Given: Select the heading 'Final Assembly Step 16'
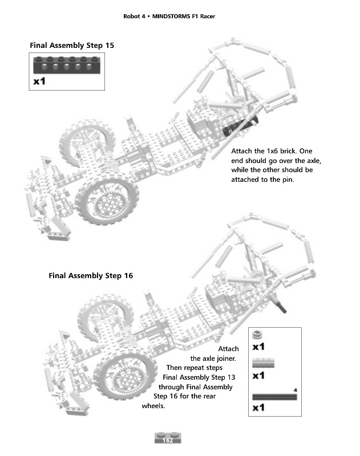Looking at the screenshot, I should [91, 276].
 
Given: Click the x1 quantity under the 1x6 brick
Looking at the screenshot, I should [40, 82].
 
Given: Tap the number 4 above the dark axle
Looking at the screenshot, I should [295, 390].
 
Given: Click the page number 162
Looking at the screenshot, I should [168, 440].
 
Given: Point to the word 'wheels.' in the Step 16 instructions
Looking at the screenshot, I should [153, 406].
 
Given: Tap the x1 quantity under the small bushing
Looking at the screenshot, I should [258, 347].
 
